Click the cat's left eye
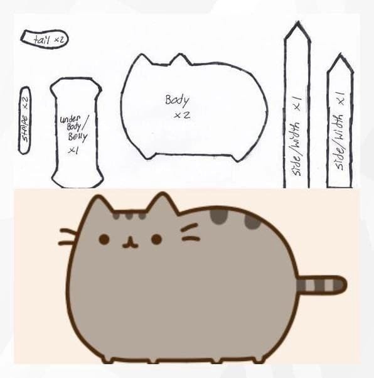[x=104, y=239]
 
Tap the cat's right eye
[x=157, y=239]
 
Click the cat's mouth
[x=131, y=243]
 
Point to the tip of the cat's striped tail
[x=346, y=285]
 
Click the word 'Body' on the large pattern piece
[x=177, y=100]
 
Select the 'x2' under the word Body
[x=182, y=115]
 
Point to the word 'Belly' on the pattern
[x=77, y=137]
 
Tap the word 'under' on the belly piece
[x=70, y=119]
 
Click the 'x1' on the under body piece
[x=73, y=151]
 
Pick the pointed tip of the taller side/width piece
[x=298, y=22]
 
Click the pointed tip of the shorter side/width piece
[x=340, y=55]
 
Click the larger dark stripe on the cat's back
[x=219, y=216]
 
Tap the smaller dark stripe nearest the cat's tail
[x=252, y=222]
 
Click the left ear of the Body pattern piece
[x=141, y=58]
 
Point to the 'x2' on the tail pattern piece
[x=59, y=40]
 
